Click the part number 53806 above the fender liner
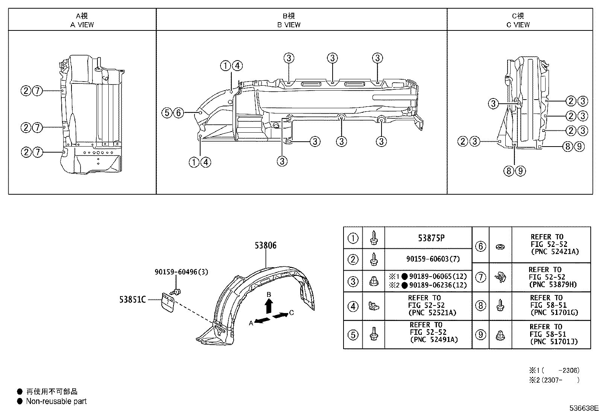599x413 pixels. point(265,245)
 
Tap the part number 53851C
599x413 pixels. point(132,300)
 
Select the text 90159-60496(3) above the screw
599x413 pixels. point(181,272)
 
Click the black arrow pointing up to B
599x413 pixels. point(269,306)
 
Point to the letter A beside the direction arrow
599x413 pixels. point(251,323)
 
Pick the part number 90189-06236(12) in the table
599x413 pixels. point(438,285)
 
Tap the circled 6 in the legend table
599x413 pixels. point(480,246)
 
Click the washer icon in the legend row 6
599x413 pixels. point(500,247)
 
